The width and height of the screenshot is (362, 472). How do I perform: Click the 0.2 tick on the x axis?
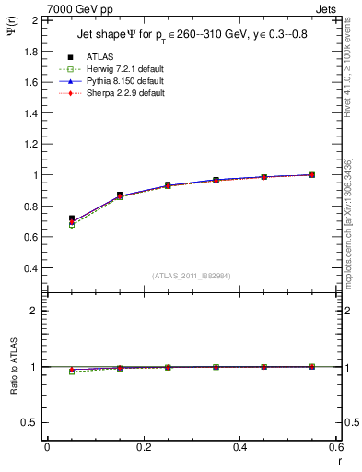point(143,447)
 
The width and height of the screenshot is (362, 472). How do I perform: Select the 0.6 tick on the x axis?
point(336,447)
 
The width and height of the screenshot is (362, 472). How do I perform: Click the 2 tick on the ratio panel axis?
point(35,311)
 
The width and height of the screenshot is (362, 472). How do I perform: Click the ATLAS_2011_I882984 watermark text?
point(191,276)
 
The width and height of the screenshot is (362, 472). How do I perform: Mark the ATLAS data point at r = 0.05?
point(72,218)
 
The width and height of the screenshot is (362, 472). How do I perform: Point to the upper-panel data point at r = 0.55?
point(312,174)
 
